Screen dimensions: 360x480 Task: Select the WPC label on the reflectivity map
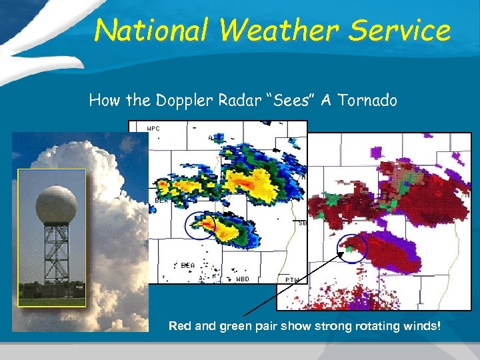click(x=153, y=128)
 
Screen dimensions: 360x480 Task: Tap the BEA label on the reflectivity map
click(x=188, y=265)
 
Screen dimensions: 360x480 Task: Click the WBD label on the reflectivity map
click(x=243, y=279)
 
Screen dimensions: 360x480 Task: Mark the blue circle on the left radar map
click(x=201, y=226)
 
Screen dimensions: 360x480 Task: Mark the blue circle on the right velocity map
click(x=353, y=249)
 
